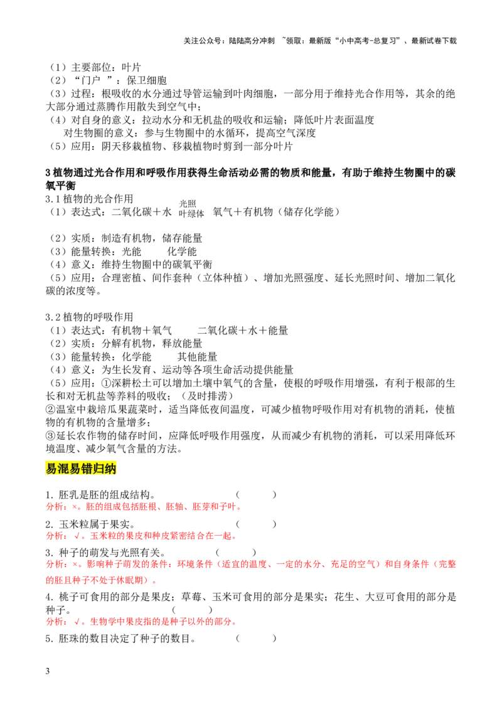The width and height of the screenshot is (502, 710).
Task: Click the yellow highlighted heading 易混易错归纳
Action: click(x=81, y=468)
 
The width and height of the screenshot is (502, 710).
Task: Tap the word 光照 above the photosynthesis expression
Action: click(x=188, y=204)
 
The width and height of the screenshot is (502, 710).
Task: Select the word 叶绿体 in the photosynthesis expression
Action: click(x=191, y=214)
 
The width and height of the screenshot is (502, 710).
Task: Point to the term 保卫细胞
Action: click(x=147, y=81)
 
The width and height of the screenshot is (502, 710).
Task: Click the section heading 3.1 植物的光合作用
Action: click(x=89, y=199)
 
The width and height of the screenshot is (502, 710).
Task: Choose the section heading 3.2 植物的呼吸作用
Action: click(x=89, y=317)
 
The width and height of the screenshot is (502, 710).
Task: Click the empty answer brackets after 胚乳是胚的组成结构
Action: click(x=256, y=495)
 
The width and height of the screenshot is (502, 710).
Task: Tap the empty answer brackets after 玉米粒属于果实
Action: click(x=256, y=524)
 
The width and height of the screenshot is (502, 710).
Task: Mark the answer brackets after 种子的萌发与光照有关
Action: click(x=236, y=553)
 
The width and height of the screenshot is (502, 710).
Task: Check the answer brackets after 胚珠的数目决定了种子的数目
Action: click(x=256, y=639)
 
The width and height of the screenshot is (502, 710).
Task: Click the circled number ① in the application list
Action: click(x=107, y=383)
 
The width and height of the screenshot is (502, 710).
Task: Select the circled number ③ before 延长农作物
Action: click(x=51, y=436)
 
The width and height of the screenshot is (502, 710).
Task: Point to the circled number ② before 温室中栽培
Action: click(x=51, y=410)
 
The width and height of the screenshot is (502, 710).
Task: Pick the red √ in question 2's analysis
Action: click(x=78, y=536)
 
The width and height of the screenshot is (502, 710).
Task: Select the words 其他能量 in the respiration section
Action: click(x=198, y=357)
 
